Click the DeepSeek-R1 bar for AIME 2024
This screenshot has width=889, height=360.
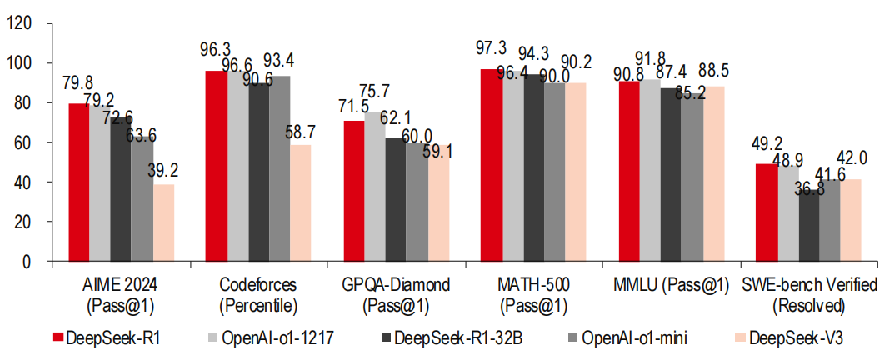click(78, 182)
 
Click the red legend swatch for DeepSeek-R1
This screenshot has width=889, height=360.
click(57, 337)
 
